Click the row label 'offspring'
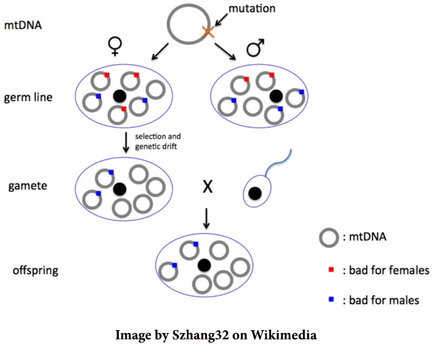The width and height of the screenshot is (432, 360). pyautogui.click(x=35, y=271)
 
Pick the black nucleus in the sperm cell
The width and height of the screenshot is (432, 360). pyautogui.click(x=256, y=194)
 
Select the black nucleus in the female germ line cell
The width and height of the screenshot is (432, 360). pyautogui.click(x=120, y=96)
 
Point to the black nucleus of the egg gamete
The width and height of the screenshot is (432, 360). pyautogui.click(x=120, y=187)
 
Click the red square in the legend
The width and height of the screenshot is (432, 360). pyautogui.click(x=331, y=270)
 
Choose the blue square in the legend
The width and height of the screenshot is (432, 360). pyautogui.click(x=331, y=300)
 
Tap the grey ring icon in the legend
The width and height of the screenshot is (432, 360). pyautogui.click(x=329, y=237)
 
